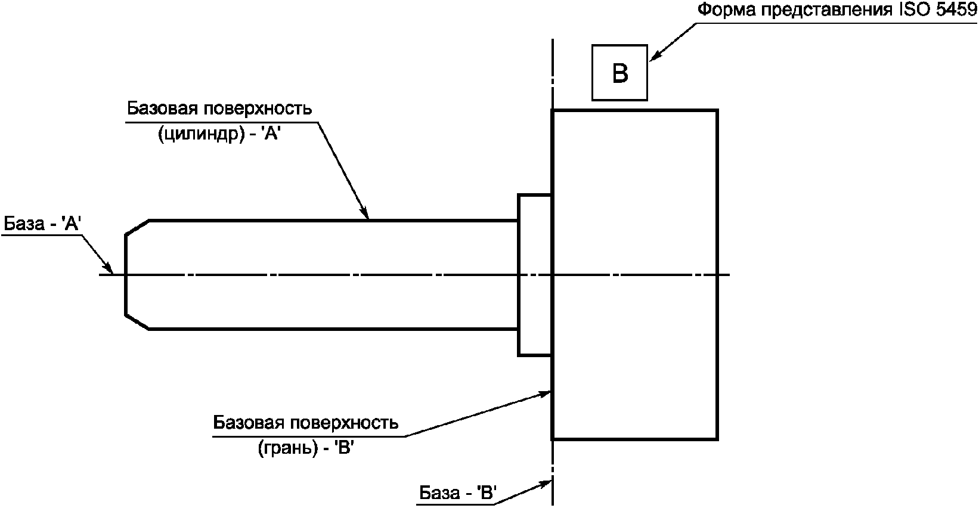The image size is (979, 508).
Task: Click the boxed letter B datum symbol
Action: pos(619,73)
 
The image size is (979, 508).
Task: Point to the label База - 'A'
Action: pos(43,224)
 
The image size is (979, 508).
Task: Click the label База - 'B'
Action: pos(458,492)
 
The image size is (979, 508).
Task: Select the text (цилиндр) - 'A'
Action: pos(219,134)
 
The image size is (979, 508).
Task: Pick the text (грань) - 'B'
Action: pos(305,448)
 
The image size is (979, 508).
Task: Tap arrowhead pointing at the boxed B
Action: pos(656,55)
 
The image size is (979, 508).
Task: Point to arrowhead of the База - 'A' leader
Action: pos(108,268)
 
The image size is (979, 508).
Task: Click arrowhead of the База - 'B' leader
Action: pos(545,484)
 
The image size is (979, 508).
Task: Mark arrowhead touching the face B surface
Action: pos(544,394)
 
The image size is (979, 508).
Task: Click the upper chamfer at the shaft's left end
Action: pos(137,228)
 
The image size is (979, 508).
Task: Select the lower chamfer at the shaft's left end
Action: pos(137,321)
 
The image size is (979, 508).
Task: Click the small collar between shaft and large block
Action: pos(535,275)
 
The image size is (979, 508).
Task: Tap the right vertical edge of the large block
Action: pos(717,275)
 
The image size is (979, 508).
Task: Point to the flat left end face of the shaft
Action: pos(126,275)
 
